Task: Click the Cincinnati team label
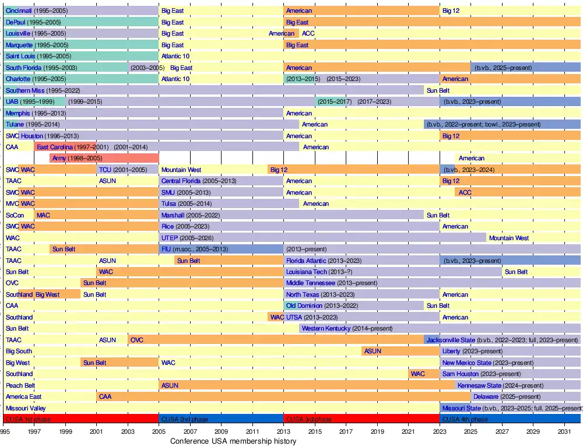tap(19, 10)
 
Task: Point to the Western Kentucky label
tap(326, 328)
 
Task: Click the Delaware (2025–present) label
tap(486, 396)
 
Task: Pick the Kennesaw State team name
tap(479, 385)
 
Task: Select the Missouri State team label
tap(462, 408)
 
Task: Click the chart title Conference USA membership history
tap(233, 441)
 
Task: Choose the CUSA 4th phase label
tap(465, 419)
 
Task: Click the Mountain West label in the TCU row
tap(181, 170)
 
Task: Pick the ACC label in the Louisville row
tap(308, 33)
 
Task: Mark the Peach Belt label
tap(20, 385)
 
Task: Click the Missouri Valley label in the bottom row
tap(26, 408)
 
